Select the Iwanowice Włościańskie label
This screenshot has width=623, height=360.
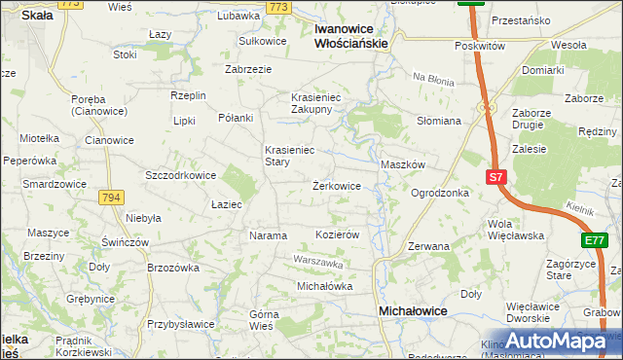[352, 36]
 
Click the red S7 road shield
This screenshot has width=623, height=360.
[496, 177]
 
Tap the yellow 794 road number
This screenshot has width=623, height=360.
[111, 197]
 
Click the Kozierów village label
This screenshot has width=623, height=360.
[339, 235]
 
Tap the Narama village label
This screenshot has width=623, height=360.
[268, 235]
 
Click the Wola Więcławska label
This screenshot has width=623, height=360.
[515, 229]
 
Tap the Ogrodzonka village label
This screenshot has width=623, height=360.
[440, 193]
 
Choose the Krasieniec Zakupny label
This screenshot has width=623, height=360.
[311, 103]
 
